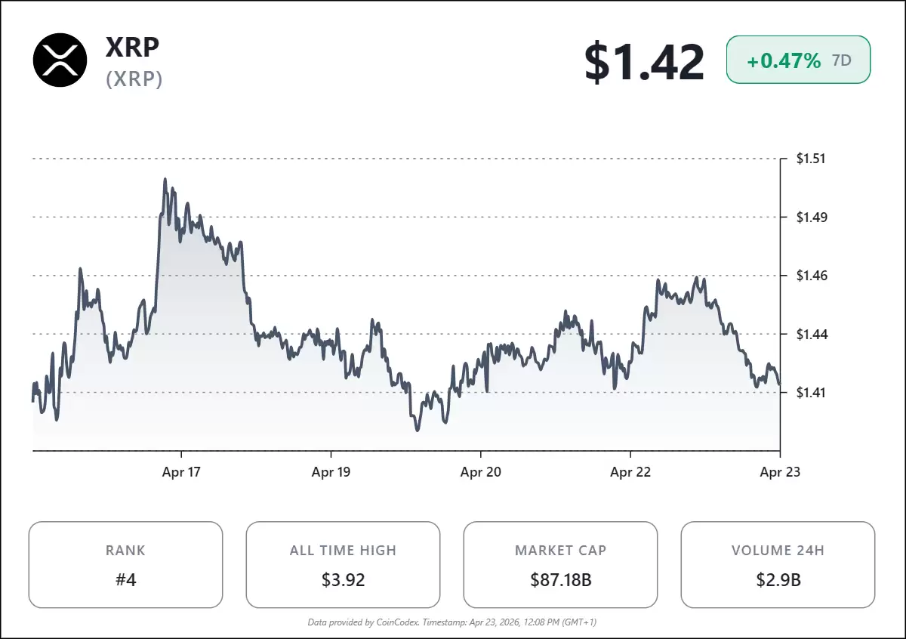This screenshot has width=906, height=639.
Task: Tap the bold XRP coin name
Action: click(133, 47)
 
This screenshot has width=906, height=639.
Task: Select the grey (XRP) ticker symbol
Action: click(134, 79)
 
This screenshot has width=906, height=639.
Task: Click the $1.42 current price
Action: click(644, 62)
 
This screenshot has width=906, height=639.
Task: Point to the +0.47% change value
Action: click(783, 61)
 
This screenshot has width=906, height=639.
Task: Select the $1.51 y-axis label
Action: click(811, 159)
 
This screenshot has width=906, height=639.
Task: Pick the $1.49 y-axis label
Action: click(811, 218)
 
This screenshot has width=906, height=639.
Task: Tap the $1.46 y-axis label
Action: click(811, 276)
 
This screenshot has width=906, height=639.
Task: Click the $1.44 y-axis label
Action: click(811, 334)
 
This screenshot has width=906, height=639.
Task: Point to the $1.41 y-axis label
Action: click(811, 392)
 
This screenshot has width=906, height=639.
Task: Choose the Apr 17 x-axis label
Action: click(182, 472)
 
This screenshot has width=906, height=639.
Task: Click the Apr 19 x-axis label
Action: click(331, 472)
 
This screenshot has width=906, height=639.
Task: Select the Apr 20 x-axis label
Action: click(481, 472)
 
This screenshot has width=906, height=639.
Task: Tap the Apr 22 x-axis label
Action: click(630, 472)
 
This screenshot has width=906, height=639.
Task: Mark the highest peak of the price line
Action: click(165, 180)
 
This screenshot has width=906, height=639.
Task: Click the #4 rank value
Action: click(125, 580)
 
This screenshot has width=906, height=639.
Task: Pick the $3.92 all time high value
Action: click(343, 580)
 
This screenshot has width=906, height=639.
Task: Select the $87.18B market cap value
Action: click(560, 580)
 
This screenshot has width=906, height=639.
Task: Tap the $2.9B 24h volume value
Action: click(778, 580)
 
